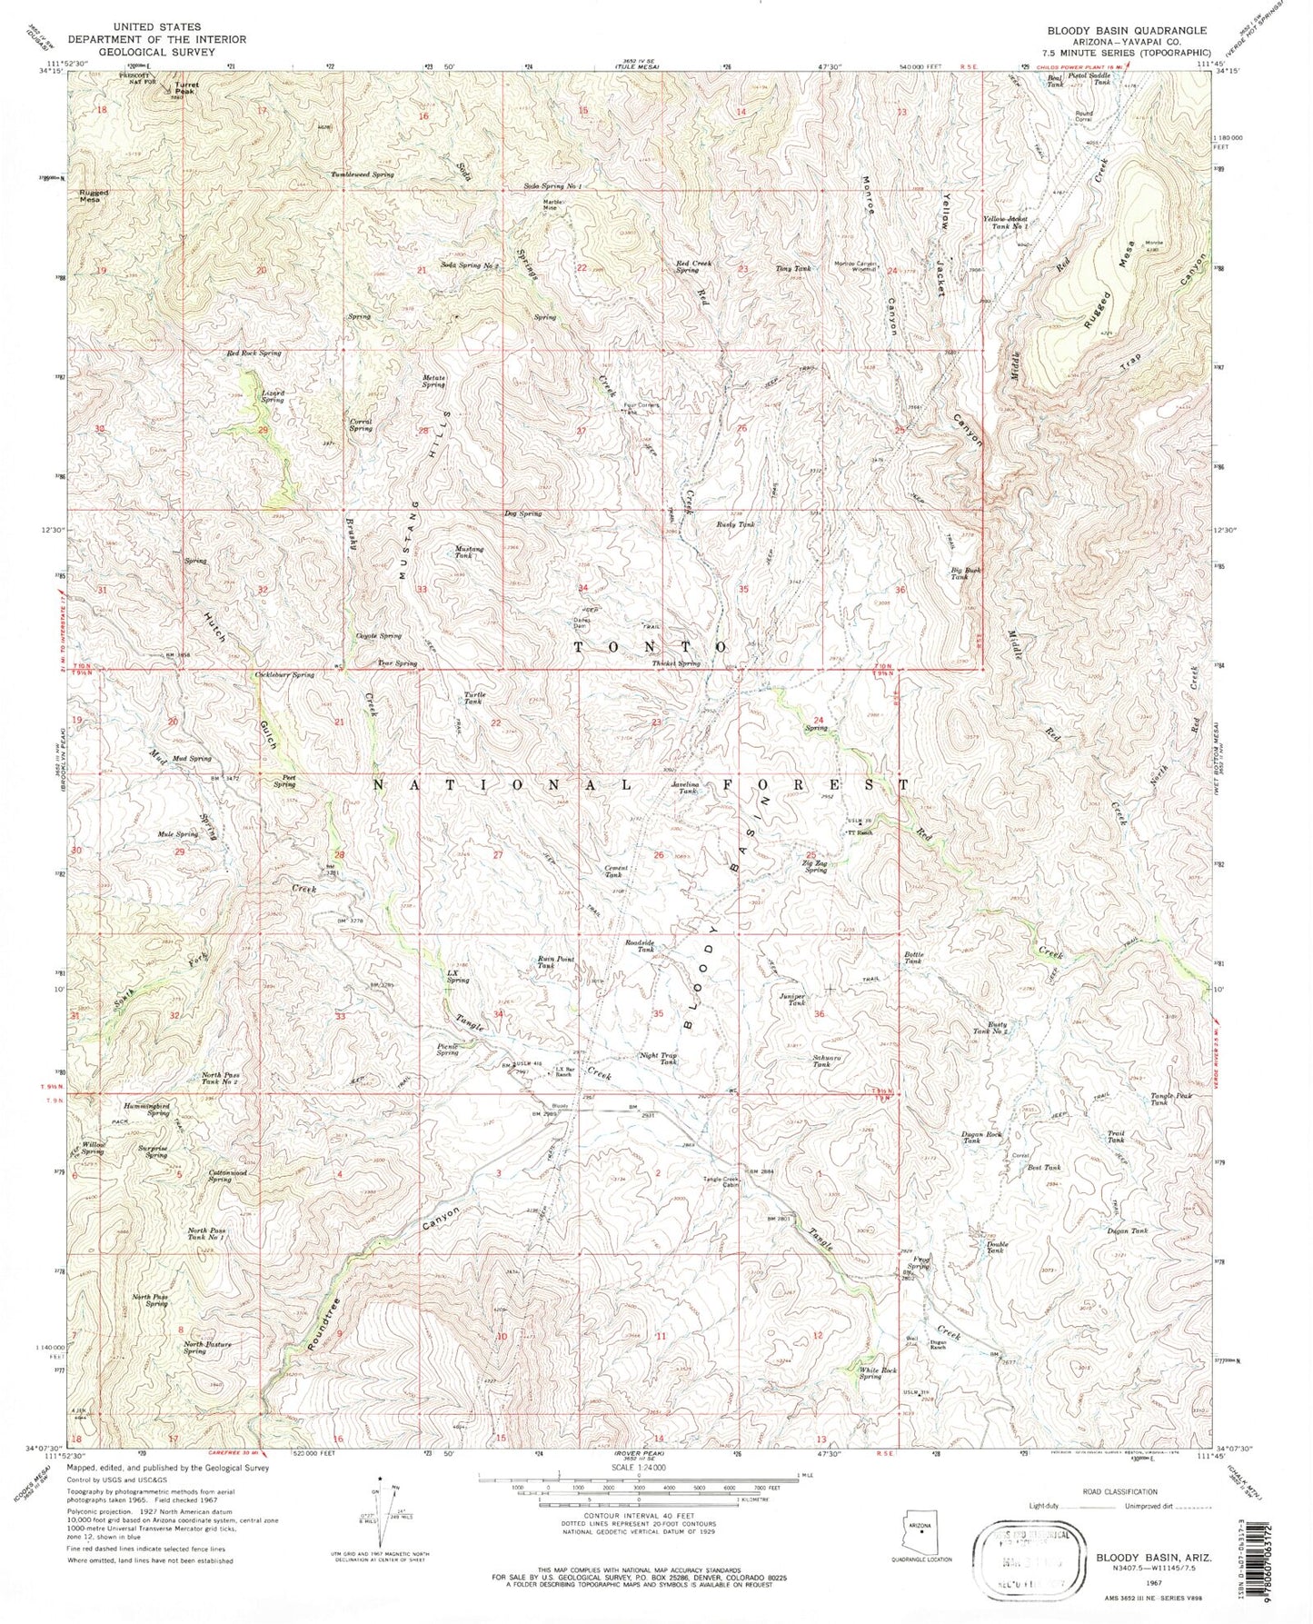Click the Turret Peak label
pos(185,89)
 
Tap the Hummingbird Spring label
pos(146,1110)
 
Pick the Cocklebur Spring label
pos(284,675)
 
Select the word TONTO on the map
pos(650,647)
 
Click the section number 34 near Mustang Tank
pos(582,588)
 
